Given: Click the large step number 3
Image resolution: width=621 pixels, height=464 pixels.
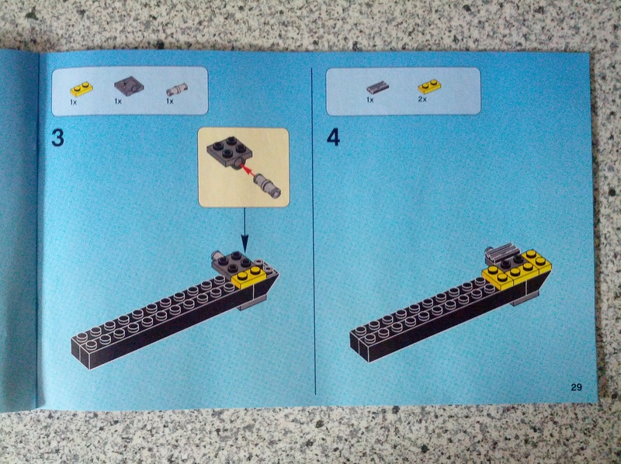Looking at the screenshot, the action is coord(57,138).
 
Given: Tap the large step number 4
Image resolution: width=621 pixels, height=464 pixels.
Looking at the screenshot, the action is coord(333,137).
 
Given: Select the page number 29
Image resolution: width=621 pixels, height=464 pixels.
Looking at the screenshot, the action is coord(576,387).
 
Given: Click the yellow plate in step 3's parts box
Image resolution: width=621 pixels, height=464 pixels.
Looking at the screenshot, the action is coord(82,89).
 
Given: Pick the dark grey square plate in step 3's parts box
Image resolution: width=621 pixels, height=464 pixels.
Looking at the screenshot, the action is coord(129,85).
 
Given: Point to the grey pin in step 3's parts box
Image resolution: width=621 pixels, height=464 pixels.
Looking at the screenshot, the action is coord(177,89).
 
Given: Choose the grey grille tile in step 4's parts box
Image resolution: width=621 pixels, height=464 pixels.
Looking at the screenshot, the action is coord(377,88).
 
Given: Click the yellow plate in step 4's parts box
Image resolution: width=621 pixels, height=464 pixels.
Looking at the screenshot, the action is coord(430,86).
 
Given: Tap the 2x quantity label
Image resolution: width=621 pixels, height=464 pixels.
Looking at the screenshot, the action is coord(422,99).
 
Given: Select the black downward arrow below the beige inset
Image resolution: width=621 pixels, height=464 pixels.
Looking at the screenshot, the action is coord(245,230).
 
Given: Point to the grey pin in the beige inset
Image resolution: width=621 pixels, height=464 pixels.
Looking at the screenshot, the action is coord(268,185).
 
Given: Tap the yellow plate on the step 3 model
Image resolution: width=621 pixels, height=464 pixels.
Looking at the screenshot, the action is coord(249,277).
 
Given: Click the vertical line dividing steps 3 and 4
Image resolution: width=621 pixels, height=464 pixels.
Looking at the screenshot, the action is coord(314,230).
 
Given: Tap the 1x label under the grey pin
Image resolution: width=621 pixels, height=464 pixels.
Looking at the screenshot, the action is coord(170,102).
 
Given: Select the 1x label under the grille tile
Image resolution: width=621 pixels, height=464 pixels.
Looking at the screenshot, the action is coord(370,100).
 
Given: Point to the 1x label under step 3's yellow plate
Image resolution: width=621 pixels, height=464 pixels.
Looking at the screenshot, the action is coord(73,102).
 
